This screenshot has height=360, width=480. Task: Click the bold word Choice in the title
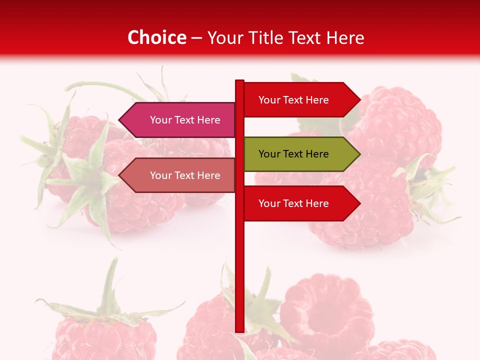(156, 37)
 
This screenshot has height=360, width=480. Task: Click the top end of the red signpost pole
(239, 81)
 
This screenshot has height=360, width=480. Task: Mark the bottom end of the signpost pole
(239, 330)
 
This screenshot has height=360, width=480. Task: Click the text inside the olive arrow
(293, 154)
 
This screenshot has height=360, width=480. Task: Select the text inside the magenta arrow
(185, 120)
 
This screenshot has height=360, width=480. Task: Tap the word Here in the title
(345, 37)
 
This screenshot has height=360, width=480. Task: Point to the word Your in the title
(224, 37)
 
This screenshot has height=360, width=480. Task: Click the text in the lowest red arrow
(293, 203)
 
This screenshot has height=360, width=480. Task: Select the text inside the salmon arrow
(185, 175)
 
